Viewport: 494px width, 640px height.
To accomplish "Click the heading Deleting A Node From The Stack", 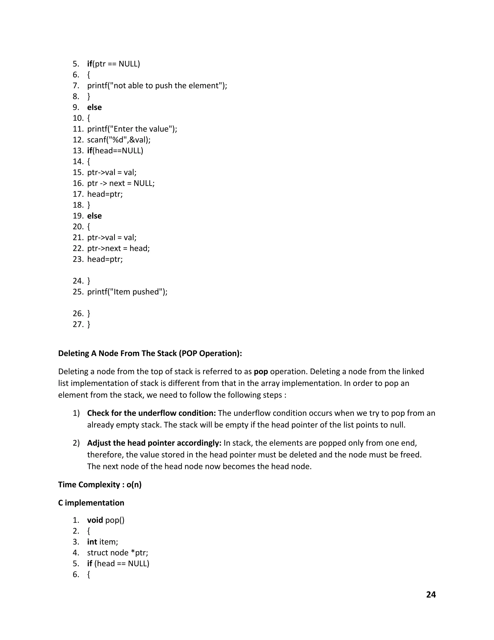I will click(x=150, y=353).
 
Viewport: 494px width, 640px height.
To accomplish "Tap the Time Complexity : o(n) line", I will click(x=100, y=485).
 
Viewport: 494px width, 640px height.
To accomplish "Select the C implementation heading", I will click(x=91, y=503).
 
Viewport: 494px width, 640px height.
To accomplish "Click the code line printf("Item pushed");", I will click(x=127, y=292).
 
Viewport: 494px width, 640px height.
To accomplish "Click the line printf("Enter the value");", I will click(x=132, y=129).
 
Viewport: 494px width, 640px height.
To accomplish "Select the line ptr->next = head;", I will click(x=118, y=249).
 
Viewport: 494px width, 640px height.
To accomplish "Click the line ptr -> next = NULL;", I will click(x=121, y=184).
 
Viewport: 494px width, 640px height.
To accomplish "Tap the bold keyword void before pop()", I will click(x=95, y=520).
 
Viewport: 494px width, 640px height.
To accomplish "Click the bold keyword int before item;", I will click(x=92, y=542).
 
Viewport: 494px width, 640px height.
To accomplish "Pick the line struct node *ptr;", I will click(x=117, y=553).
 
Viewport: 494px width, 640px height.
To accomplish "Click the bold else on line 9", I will click(x=94, y=107).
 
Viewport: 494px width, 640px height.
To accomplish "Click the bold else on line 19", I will click(x=94, y=216).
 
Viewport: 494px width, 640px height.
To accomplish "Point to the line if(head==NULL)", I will click(x=115, y=151).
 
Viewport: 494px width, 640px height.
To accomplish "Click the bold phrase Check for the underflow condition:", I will click(x=151, y=413).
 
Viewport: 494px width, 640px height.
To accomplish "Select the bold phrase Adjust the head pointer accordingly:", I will click(x=154, y=443).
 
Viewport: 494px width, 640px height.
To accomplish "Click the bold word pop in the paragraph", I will click(x=261, y=372).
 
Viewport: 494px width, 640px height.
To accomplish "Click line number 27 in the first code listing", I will click(x=78, y=324).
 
